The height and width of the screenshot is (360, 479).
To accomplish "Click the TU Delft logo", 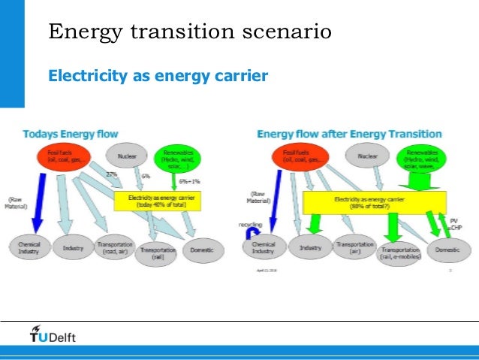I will pos(52,334).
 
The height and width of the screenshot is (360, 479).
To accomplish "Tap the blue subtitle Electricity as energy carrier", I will pos(158,75).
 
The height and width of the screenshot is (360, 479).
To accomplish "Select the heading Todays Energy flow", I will pos(71,134).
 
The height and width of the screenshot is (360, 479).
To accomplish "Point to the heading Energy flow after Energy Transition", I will pos(349,134).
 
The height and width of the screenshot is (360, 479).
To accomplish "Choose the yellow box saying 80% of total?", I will pos(374,201).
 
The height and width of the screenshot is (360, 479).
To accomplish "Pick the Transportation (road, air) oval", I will pos(115,249).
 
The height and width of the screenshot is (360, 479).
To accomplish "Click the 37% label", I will pos(112,174).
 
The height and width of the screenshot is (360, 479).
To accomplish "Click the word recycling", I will pos(250,224).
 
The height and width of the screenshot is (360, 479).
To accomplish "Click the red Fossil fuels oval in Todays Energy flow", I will pos(63,157).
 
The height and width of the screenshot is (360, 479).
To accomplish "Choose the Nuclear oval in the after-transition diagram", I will pos(367,156).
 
